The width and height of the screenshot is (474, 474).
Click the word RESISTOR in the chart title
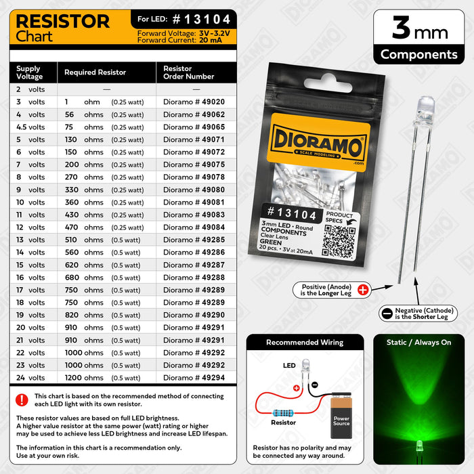click(x=62, y=21)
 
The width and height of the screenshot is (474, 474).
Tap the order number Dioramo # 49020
click(x=194, y=102)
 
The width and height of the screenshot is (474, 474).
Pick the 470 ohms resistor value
click(x=85, y=228)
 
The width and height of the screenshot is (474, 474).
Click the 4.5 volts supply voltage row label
click(x=30, y=127)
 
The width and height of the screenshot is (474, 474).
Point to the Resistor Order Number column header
click(x=189, y=72)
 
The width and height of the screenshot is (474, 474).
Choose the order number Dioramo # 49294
click(x=194, y=378)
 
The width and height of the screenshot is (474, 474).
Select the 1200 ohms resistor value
click(x=85, y=378)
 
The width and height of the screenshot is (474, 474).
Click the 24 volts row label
click(x=30, y=378)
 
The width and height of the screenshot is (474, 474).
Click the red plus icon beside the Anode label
click(x=362, y=290)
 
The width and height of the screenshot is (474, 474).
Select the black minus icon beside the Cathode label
click(x=387, y=314)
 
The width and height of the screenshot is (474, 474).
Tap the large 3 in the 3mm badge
click(x=402, y=28)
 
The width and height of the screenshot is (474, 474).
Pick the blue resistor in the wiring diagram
click(x=283, y=411)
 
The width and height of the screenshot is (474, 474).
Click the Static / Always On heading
click(x=418, y=343)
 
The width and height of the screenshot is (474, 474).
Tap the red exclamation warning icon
click(x=22, y=400)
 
